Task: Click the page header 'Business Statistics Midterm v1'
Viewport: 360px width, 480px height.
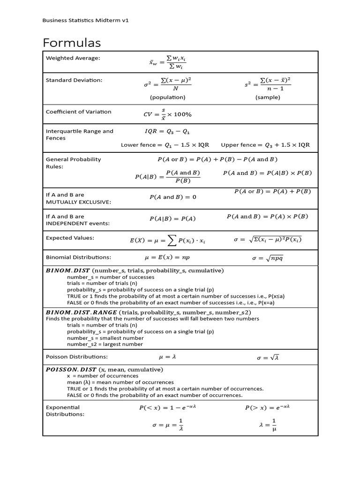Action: (85, 20)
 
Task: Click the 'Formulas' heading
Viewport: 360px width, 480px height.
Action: (72, 43)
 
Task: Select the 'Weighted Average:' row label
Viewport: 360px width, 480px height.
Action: (73, 58)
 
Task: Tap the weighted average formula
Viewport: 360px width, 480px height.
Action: (167, 62)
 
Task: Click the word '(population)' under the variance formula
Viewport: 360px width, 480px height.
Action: (167, 97)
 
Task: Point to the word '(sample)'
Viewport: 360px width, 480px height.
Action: (268, 97)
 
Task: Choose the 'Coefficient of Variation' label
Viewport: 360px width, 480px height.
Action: (78, 112)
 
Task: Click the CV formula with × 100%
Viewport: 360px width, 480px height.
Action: (167, 114)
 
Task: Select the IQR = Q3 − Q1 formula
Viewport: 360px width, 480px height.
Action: (168, 132)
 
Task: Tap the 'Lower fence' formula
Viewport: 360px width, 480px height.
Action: (165, 145)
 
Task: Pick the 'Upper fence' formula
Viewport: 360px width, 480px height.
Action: (265, 145)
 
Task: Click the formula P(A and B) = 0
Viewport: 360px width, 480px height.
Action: (172, 197)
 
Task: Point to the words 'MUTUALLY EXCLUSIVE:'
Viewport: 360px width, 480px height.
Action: (78, 202)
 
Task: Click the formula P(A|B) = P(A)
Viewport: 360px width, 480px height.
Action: (172, 218)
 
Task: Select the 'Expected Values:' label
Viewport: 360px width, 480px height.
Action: (70, 238)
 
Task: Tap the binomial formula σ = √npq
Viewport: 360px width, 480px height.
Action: (268, 258)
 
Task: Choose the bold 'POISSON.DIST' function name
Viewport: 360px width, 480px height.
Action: (70, 369)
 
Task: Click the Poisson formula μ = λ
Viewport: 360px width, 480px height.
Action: (167, 357)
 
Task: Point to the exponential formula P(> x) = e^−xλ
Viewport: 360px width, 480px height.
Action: (268, 408)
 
